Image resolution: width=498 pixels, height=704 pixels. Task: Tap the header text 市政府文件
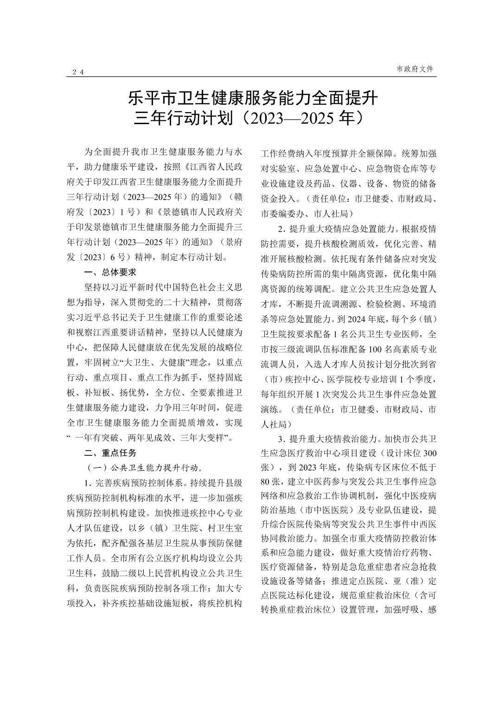click(415, 69)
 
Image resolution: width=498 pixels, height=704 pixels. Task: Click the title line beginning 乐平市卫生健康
click(253, 99)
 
